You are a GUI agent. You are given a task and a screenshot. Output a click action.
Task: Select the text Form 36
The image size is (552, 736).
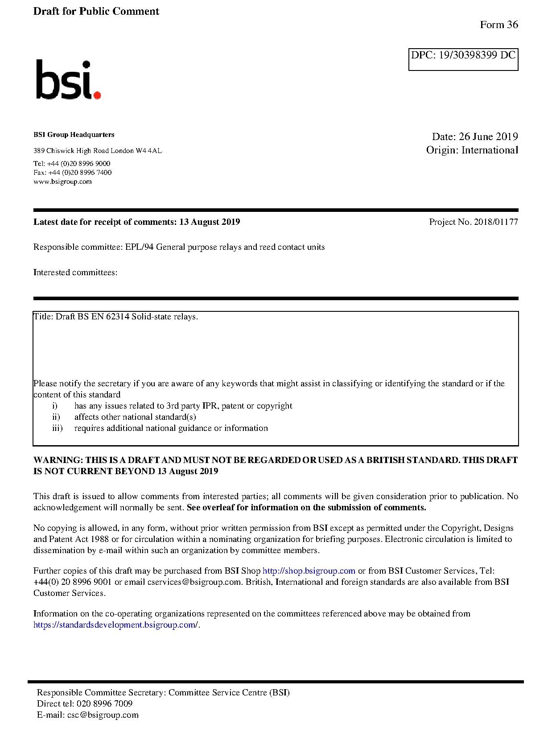(x=498, y=25)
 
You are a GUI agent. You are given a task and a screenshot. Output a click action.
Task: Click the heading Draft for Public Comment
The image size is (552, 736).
(x=96, y=11)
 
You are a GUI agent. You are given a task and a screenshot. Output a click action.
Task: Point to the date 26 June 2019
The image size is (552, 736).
(x=488, y=136)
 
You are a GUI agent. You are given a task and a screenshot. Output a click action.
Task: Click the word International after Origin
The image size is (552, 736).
(x=490, y=150)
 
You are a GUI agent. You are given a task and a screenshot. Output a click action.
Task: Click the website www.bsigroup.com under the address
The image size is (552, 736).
(x=62, y=182)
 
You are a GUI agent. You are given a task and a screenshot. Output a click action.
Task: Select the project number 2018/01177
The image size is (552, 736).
(x=496, y=222)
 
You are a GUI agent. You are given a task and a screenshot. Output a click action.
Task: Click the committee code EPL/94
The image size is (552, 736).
(x=139, y=247)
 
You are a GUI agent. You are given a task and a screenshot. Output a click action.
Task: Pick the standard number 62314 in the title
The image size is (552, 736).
(x=118, y=317)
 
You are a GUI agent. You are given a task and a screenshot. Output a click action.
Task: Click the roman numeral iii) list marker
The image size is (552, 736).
(x=58, y=428)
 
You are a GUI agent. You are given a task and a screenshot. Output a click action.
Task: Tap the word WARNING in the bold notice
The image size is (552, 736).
(x=58, y=460)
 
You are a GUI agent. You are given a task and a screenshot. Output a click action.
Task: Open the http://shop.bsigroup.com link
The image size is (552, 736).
(x=309, y=571)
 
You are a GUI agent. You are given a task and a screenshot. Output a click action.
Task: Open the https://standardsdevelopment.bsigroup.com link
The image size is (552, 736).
(x=115, y=625)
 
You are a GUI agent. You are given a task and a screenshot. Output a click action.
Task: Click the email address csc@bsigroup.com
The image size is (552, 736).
(x=103, y=715)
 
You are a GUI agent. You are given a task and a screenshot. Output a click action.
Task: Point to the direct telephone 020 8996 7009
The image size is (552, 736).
(x=104, y=704)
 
